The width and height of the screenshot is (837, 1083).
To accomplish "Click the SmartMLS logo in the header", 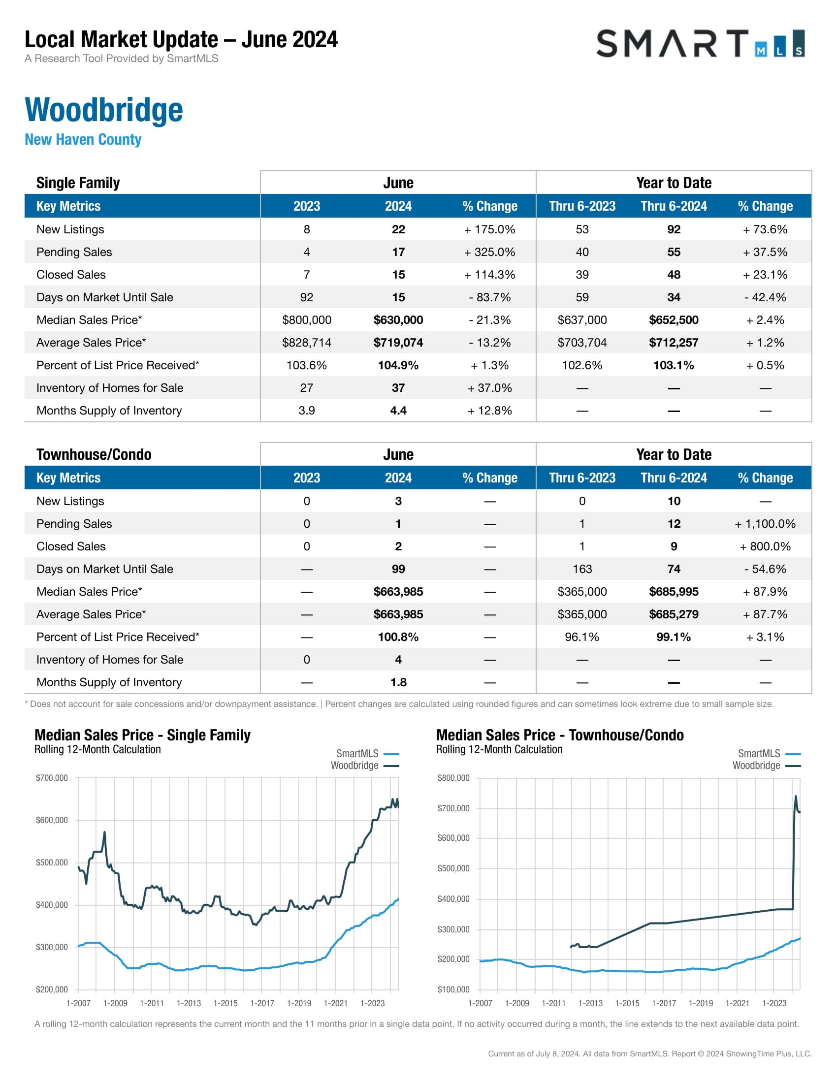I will coord(700,44).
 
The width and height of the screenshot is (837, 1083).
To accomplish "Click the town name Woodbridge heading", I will coord(103,110).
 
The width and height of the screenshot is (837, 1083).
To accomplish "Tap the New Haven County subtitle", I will coord(83,139).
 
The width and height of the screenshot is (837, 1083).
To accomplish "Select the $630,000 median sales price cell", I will coord(398,320).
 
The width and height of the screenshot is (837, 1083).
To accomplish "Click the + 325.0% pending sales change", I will coord(489,252).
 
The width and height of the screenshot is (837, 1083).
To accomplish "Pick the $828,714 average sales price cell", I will coord(306,343).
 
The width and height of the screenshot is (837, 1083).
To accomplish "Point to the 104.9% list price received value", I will coord(398,365).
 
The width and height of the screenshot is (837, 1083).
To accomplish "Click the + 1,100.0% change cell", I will coord(765,524).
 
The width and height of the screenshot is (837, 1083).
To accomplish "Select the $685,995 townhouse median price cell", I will coord(674,592).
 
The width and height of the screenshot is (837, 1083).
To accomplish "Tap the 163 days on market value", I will coord(582,569).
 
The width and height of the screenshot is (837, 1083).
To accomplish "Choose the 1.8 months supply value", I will coord(398,682).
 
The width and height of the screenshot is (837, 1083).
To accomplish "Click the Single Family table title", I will coord(78,183).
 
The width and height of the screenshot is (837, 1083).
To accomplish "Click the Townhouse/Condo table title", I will coord(94,454).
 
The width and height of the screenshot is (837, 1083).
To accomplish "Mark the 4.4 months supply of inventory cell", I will coord(398,411).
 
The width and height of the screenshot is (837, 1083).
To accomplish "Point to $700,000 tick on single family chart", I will coord(52,777).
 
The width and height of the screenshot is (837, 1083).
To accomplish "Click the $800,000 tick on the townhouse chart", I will coord(453,777).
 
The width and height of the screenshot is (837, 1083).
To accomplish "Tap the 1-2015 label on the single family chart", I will coord(225,1003).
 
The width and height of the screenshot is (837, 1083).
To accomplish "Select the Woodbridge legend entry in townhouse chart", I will coord(756,765).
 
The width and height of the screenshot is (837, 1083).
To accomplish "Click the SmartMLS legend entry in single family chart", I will coord(357,753).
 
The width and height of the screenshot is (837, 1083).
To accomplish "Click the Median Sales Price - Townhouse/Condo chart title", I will coord(560,735).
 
